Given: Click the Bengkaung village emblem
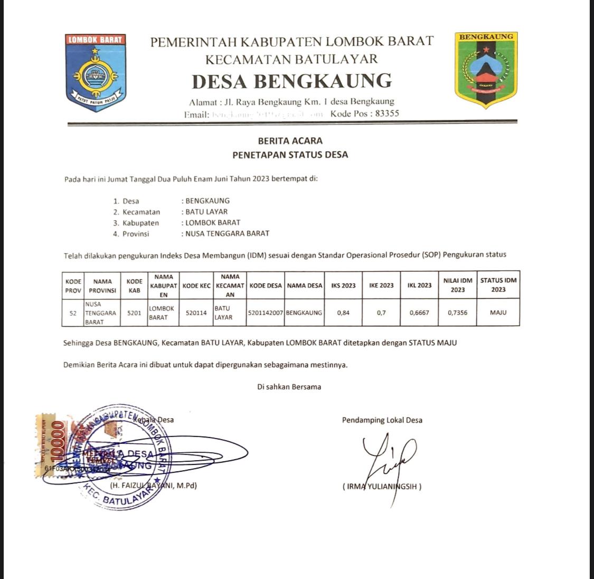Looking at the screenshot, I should coord(486,69).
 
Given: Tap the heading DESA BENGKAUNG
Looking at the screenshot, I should coord(291,81).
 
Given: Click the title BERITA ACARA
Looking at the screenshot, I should coord(290,141).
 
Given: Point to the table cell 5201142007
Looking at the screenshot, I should coord(265,313).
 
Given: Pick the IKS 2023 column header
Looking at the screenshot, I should coord(343,285).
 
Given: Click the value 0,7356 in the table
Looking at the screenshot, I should coord(457,313).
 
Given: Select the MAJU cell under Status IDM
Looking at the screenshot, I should coord(498,313).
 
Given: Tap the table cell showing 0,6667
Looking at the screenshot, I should coord(419,313).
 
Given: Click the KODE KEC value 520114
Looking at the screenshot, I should coord(196,313).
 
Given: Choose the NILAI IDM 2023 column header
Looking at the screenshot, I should coord(457,285).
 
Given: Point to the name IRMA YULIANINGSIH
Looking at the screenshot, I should coord(382,486).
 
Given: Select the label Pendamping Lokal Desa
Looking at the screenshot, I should coord(382,421).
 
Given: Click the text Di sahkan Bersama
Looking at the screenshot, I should coord(289,387).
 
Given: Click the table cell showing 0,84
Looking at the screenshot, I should coord(343,313).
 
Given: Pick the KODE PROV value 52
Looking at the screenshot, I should coord(73,313).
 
